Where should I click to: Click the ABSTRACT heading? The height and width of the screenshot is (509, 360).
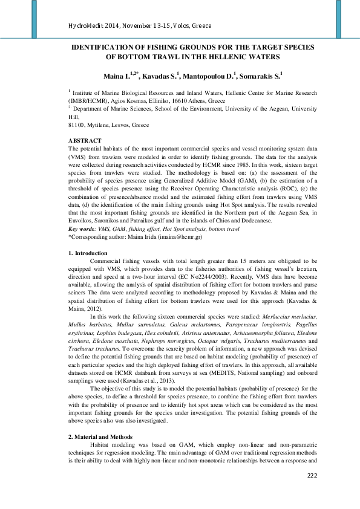tap(86, 141)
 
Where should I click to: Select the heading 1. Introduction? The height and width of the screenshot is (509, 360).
tap(88, 253)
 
